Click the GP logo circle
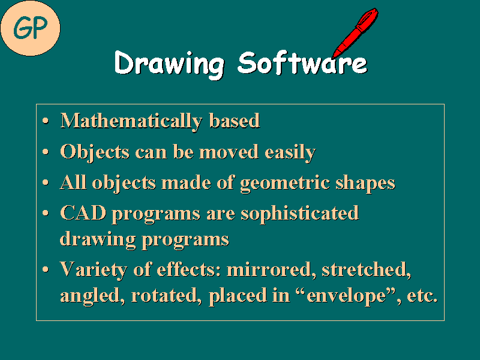pyautogui.click(x=30, y=27)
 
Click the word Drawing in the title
pyautogui.click(x=169, y=63)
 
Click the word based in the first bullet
pyautogui.click(x=235, y=121)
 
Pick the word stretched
pyautogui.click(x=366, y=269)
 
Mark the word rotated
pyautogui.click(x=174, y=296)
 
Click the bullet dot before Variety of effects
pyautogui.click(x=47, y=271)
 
